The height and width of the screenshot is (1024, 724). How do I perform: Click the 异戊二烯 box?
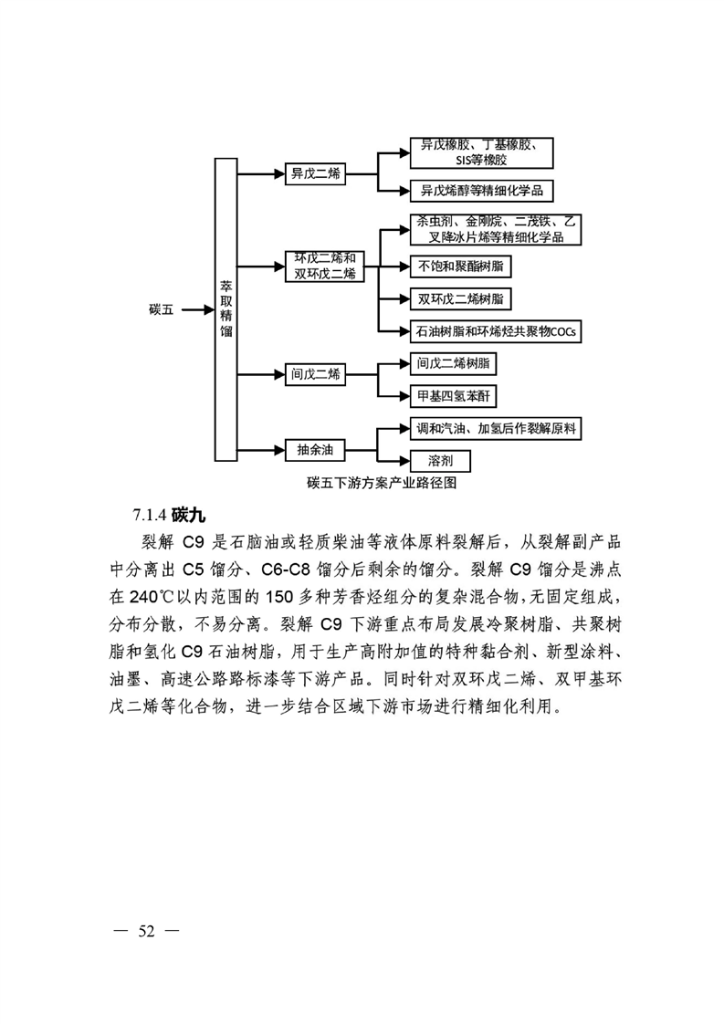(315, 173)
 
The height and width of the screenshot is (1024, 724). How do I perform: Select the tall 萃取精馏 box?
(226, 309)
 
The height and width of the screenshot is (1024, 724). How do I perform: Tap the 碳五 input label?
(162, 309)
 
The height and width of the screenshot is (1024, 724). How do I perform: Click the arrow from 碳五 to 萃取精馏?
(198, 310)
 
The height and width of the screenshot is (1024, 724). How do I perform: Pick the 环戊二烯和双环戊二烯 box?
(325, 266)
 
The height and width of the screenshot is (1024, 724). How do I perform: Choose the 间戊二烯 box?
(315, 375)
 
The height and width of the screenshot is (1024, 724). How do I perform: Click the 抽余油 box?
(315, 450)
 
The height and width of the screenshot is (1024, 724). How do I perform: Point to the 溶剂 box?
(440, 461)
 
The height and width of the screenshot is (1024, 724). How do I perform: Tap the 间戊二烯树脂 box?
(454, 364)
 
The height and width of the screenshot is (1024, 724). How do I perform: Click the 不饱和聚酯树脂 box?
(461, 266)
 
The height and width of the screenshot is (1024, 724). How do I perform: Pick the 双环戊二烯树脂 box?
(461, 299)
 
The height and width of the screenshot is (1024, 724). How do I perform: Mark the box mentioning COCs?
(496, 331)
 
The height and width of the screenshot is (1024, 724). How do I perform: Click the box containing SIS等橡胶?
(481, 152)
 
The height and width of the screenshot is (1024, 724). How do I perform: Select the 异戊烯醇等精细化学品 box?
(481, 191)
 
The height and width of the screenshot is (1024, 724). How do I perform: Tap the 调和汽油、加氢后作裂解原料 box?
(496, 428)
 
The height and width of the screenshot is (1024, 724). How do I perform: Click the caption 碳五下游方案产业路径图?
(382, 483)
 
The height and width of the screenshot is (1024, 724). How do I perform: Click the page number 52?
(146, 931)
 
